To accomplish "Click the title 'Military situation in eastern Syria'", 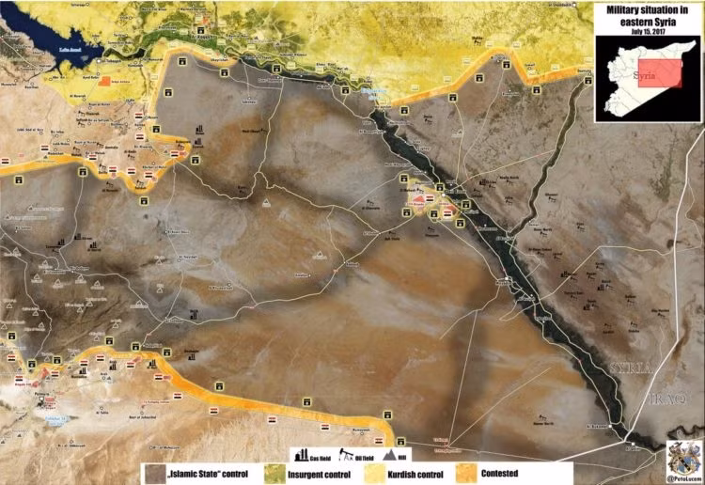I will point(648,15).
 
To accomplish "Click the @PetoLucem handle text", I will point(683,479).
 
